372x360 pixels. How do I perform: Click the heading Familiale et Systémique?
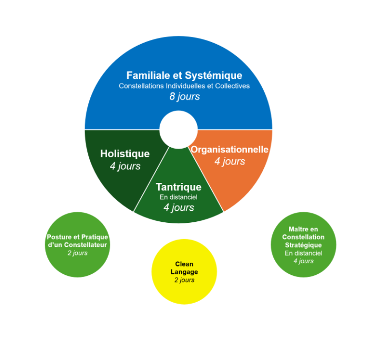[184, 75]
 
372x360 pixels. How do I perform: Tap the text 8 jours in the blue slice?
[184, 97]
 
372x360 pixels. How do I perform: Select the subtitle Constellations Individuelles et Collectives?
[184, 86]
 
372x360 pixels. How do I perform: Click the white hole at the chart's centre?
[179, 129]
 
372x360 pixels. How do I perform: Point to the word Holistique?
[125, 154]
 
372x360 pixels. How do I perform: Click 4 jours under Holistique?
[125, 166]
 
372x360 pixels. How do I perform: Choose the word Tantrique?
[179, 187]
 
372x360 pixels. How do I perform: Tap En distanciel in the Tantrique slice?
[179, 197]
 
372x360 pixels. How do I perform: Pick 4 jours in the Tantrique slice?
[179, 208]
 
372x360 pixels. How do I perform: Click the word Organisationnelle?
[230, 150]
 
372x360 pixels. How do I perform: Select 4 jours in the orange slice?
[230, 161]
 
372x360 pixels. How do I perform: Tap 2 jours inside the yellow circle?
[184, 280]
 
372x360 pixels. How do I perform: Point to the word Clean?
[184, 264]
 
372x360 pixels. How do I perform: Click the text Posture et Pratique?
[77, 237]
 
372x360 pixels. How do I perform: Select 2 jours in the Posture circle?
[77, 253]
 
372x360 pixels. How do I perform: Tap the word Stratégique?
[303, 245]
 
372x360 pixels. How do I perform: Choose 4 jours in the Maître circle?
[303, 261]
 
